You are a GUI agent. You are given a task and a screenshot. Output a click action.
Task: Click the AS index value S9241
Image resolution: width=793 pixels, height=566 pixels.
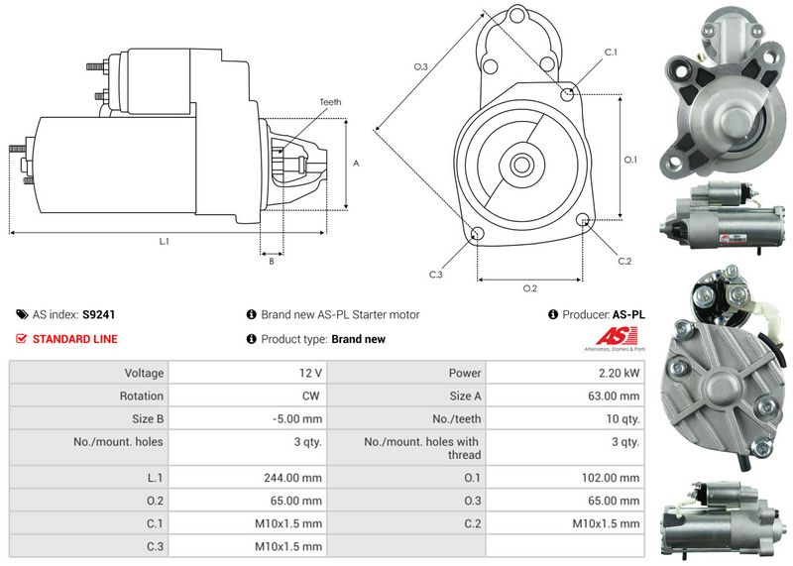[x=98, y=314]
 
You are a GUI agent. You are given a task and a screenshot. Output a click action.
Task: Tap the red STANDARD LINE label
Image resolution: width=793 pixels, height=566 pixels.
[x=74, y=339]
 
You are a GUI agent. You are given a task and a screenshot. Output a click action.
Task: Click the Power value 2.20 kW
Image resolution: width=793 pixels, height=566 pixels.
[x=620, y=373]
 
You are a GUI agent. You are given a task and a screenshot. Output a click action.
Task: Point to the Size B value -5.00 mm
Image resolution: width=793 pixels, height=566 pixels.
[x=296, y=418]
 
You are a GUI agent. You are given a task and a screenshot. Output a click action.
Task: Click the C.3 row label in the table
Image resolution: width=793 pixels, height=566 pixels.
[x=155, y=546]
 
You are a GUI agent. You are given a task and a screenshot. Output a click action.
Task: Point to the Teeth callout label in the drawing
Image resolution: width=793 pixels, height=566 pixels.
[x=330, y=102]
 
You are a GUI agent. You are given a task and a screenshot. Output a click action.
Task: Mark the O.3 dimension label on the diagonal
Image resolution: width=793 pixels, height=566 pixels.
[x=420, y=66]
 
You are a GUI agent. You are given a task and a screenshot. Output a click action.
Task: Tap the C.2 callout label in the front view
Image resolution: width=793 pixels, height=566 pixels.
[x=623, y=261]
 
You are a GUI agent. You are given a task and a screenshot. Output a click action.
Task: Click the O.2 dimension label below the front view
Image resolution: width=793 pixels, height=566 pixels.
[x=529, y=288]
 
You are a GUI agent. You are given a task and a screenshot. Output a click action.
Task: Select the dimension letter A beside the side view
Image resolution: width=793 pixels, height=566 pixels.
[x=356, y=164]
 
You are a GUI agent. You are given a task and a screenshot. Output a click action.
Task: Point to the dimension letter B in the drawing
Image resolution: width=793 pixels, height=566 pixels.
[x=272, y=261]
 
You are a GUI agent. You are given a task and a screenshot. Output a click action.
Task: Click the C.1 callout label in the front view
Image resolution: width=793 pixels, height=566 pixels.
[x=611, y=52]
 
